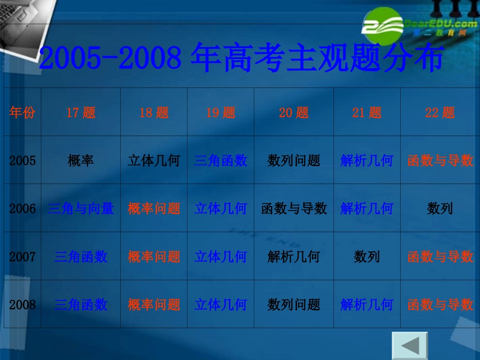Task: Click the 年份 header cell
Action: (22, 113)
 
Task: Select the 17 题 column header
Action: (81, 113)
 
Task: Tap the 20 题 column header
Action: (294, 113)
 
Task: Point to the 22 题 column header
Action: (440, 113)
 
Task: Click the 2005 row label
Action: (22, 161)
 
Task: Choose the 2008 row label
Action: (22, 305)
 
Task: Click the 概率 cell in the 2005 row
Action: (81, 161)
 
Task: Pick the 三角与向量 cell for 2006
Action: (81, 209)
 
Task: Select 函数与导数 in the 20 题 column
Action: (294, 209)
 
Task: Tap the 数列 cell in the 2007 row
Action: (367, 257)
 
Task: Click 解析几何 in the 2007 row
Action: (294, 257)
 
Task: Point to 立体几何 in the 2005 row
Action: (154, 161)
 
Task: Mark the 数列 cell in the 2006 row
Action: (440, 209)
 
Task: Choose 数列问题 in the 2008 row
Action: (294, 305)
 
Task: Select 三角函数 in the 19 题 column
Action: (221, 161)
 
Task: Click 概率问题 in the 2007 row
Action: (154, 257)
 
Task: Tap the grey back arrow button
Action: (410, 345)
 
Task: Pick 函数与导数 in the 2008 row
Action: (440, 305)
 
